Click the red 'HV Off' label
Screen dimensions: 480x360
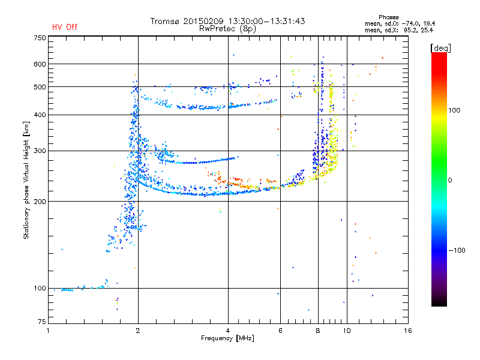pos(65,27)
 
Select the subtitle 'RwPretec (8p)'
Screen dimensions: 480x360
pos(227,29)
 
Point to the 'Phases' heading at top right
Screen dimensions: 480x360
pos(388,17)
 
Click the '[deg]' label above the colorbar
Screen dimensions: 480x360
pos(440,48)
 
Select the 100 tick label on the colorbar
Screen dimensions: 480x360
pos(454,110)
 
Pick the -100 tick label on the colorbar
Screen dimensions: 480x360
pos(457,250)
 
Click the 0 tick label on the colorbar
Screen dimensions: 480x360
pos(450,181)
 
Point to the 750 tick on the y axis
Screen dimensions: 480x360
pos(40,38)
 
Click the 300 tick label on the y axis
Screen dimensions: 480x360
pos(40,151)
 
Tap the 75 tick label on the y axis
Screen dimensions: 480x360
pos(41,322)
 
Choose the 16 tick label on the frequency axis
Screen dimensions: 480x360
pos(408,331)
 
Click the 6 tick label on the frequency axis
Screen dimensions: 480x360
pos(280,331)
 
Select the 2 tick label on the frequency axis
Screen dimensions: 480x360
pos(138,331)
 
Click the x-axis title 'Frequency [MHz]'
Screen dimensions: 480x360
pos(227,338)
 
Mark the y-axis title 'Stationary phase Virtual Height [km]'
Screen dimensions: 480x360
pos(26,181)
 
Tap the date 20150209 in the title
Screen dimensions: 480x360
pos(203,21)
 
